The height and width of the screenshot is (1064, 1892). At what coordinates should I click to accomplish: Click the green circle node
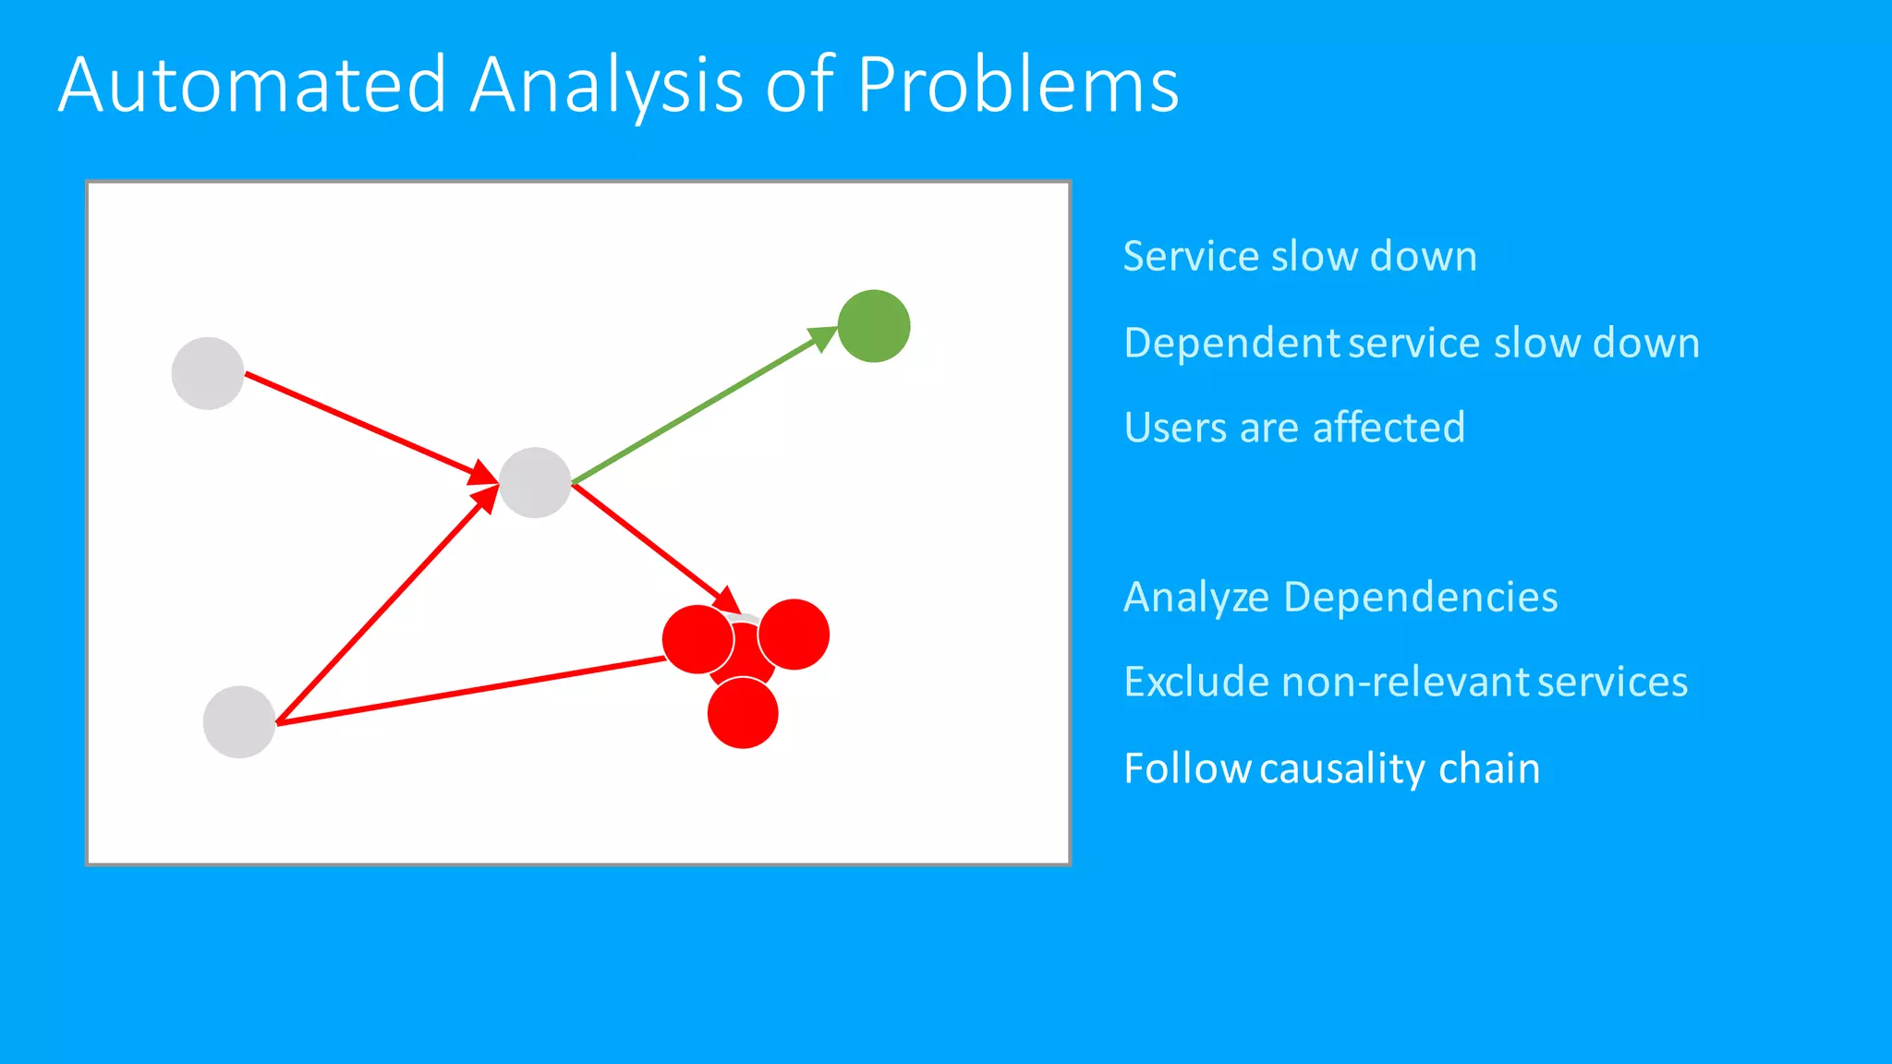coord(874,326)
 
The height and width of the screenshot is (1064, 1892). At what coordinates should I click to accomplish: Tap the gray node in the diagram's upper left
coord(208,373)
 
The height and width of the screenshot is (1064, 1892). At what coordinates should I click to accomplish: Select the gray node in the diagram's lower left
coord(239,722)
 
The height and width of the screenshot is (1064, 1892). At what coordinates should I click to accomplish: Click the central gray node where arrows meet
coord(535,482)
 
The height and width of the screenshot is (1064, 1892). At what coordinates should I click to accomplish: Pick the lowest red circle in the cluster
coord(743,714)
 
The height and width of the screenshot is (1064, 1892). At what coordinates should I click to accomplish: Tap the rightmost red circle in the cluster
coord(794,635)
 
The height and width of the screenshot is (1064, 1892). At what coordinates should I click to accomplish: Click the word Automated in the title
coord(252,85)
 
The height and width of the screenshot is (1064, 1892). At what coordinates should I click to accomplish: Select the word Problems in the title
coord(1018,85)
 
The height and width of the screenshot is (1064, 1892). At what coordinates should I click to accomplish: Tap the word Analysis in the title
coord(606,85)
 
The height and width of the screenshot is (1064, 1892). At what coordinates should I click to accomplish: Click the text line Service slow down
coord(1300,256)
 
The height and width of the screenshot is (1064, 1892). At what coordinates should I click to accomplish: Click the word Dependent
coord(1231,344)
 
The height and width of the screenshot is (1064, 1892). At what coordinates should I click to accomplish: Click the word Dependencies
coord(1420,598)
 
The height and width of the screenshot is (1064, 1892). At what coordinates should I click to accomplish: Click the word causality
coord(1341,768)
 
